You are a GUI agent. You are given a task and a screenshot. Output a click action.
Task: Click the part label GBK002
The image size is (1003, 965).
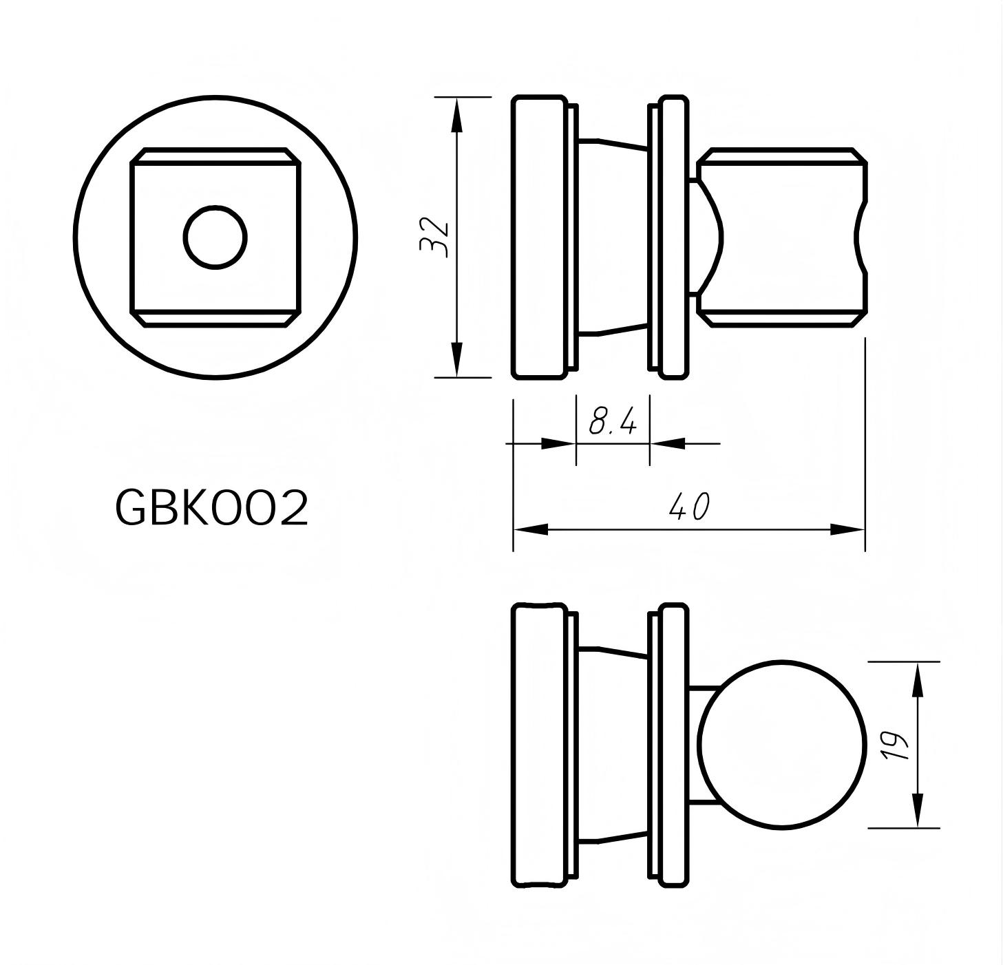(x=211, y=509)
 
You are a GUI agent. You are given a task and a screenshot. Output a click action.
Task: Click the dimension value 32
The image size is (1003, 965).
(x=435, y=237)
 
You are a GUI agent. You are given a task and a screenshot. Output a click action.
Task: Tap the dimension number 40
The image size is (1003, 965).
(x=689, y=507)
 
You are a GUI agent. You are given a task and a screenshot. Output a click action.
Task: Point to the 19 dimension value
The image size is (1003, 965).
(x=894, y=745)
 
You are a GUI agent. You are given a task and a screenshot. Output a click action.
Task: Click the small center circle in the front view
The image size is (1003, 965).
(x=215, y=237)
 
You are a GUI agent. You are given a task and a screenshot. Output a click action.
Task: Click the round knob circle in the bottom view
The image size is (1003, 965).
(x=781, y=745)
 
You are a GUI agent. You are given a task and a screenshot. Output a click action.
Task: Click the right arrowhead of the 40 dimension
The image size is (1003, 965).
(x=847, y=529)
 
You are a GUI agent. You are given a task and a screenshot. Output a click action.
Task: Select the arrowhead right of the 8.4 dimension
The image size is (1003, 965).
(x=668, y=443)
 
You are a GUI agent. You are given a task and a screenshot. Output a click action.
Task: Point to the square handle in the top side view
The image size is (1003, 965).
(x=785, y=237)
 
